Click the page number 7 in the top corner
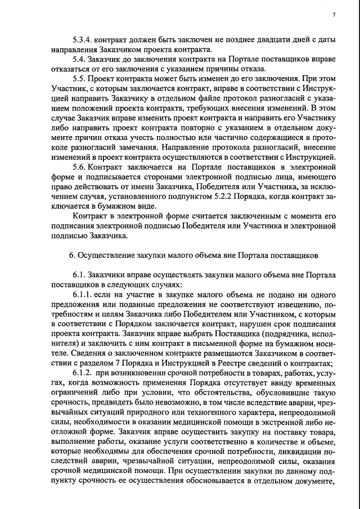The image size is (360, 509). (x=334, y=15)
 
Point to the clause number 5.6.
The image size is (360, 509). (x=79, y=167)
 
